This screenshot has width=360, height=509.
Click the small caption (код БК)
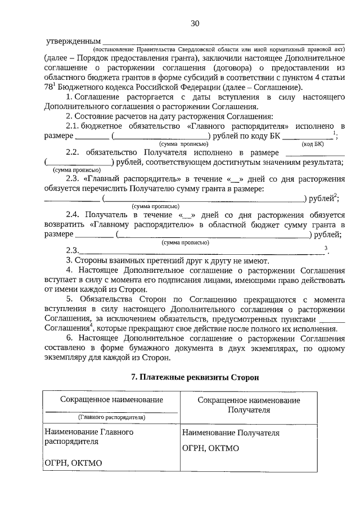coord(313,144)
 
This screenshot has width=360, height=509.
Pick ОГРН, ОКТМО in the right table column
coord(211,448)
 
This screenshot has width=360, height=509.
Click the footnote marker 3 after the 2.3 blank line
coord(326,249)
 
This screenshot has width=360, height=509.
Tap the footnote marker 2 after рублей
coord(335,195)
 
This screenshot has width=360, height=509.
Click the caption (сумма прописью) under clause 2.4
coord(185,242)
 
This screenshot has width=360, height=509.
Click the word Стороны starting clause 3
coord(89,260)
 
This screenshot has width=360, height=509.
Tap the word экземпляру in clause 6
coord(67,357)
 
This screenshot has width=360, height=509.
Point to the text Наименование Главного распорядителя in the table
coord(89,437)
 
